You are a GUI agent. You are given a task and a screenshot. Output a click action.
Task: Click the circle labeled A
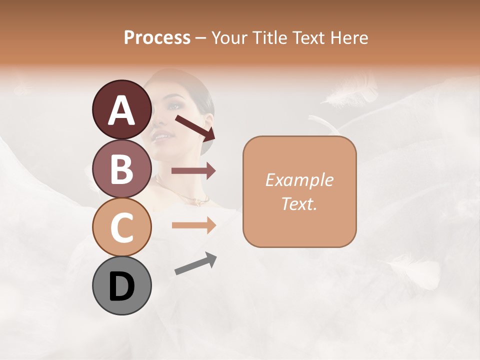pos(121,109)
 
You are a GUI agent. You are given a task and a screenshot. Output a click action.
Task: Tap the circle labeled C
pos(121,227)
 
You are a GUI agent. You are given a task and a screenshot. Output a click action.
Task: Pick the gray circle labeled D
pos(121,285)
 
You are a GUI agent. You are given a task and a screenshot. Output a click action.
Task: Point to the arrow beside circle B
pos(193,170)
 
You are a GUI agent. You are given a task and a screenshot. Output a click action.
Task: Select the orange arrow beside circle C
pos(193,225)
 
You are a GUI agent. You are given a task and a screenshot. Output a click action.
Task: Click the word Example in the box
pos(299,180)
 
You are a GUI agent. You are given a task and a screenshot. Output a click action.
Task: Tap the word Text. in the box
pos(299,203)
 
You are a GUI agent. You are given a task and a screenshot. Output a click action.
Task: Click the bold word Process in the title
pos(157,37)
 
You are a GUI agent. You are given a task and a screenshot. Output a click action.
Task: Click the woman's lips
pos(161,134)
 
